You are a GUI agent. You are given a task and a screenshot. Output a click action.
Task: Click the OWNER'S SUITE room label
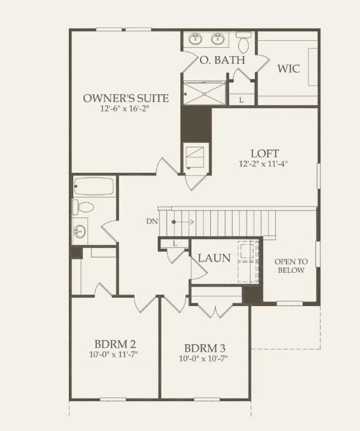[126, 98]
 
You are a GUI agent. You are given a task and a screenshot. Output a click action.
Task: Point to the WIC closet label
[289, 68]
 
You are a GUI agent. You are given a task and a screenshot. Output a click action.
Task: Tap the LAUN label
[214, 258]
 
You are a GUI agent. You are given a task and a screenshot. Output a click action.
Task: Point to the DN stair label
[151, 221]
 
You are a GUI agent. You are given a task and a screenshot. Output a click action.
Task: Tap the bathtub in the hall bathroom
[94, 187]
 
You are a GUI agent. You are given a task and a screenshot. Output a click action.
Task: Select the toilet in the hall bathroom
[83, 207]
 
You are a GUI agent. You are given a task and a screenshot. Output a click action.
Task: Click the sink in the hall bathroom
[80, 230]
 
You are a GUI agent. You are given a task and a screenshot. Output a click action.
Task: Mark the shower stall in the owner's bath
[205, 92]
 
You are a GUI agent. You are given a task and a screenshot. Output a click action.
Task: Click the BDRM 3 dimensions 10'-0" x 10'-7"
[204, 359]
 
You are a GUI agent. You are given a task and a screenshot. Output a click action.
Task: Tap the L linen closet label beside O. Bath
[241, 100]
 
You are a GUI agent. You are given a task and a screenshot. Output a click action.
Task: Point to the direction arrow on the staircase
[182, 221]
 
